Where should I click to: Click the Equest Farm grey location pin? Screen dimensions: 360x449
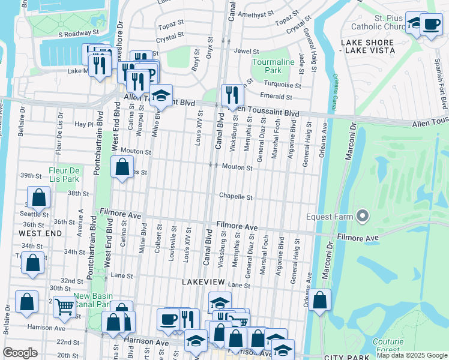pyautogui.click(x=362, y=215)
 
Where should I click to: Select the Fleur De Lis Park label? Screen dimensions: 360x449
pyautogui.click(x=64, y=174)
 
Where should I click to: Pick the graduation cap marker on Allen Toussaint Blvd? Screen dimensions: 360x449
pyautogui.click(x=160, y=95)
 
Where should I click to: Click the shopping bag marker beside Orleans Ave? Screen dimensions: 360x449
pyautogui.click(x=321, y=300)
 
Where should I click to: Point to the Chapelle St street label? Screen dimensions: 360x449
pyautogui.click(x=235, y=196)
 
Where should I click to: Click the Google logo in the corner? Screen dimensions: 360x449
pyautogui.click(x=20, y=353)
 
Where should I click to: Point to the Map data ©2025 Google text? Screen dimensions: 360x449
pyautogui.click(x=412, y=355)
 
